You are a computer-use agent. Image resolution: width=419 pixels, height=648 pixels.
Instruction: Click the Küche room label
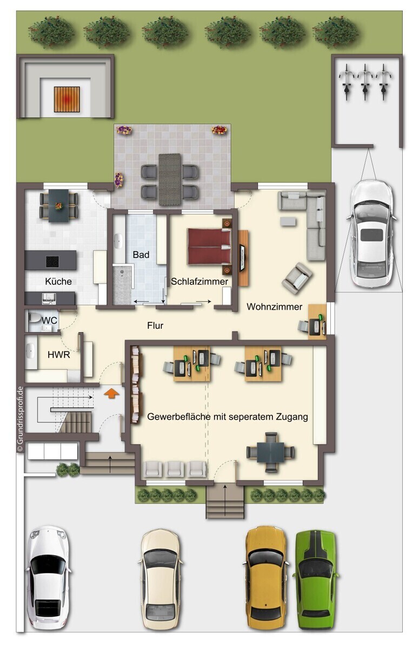coord(58,281)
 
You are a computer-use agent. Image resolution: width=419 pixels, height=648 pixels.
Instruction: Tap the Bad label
coord(141,254)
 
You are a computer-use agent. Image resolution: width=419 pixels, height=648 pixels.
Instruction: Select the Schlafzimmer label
coord(199,281)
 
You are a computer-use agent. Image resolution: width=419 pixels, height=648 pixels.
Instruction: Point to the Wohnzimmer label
coord(274,307)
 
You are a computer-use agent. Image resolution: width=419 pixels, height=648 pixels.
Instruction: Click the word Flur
coord(155,326)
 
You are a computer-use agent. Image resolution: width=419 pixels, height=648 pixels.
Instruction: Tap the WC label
coord(50,320)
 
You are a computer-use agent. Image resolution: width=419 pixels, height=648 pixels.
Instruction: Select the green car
coord(316,579)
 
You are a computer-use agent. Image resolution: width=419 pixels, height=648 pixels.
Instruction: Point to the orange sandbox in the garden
coord(66,99)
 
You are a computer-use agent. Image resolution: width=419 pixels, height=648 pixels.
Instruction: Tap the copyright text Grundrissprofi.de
coord(19,418)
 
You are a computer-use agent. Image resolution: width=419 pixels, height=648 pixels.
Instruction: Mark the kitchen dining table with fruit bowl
coord(57,205)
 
